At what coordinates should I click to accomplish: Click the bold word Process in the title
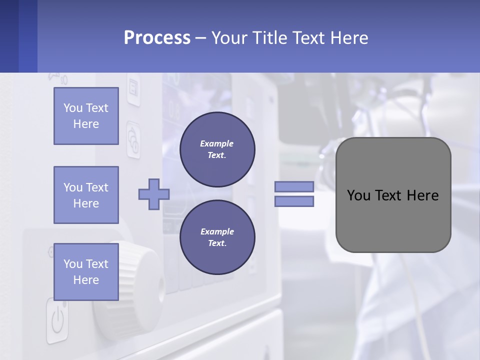(157, 38)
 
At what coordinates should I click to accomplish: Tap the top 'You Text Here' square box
(86, 116)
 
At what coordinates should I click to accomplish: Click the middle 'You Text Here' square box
(86, 195)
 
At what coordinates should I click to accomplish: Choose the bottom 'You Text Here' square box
(86, 272)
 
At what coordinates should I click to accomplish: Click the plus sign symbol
(153, 194)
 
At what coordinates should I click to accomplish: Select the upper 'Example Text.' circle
(217, 149)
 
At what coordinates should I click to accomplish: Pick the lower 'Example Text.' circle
(217, 237)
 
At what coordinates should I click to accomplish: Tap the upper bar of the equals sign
(294, 187)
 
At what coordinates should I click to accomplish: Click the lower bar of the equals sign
(294, 201)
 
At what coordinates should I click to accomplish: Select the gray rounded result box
(393, 195)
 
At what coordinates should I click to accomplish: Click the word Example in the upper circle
(217, 143)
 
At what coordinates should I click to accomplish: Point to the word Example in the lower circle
(217, 231)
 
